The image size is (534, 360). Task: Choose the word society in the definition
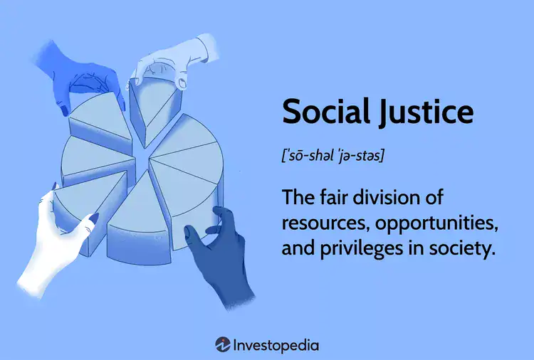pyautogui.click(x=463, y=250)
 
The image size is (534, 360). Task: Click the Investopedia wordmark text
pyautogui.click(x=276, y=346)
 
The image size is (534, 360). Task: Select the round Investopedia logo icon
pyautogui.click(x=222, y=345)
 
